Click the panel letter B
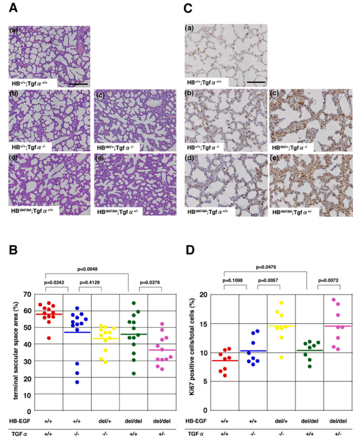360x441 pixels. point(14,251)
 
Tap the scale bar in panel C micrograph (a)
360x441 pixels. point(255,82)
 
